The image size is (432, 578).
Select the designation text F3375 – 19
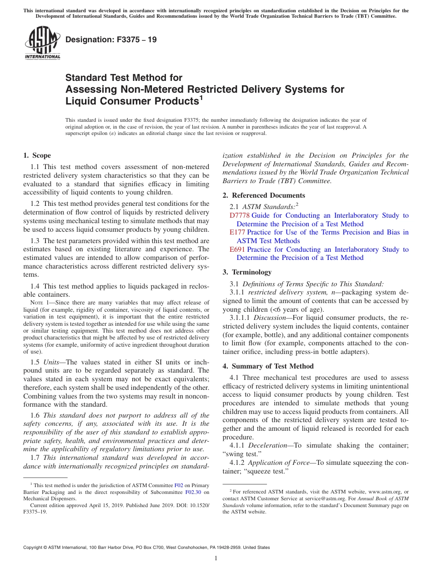[x=111, y=40]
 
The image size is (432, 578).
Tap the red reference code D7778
[x=240, y=215]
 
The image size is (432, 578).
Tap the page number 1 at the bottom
[x=216, y=558]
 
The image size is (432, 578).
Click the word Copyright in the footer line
[x=35, y=548]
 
